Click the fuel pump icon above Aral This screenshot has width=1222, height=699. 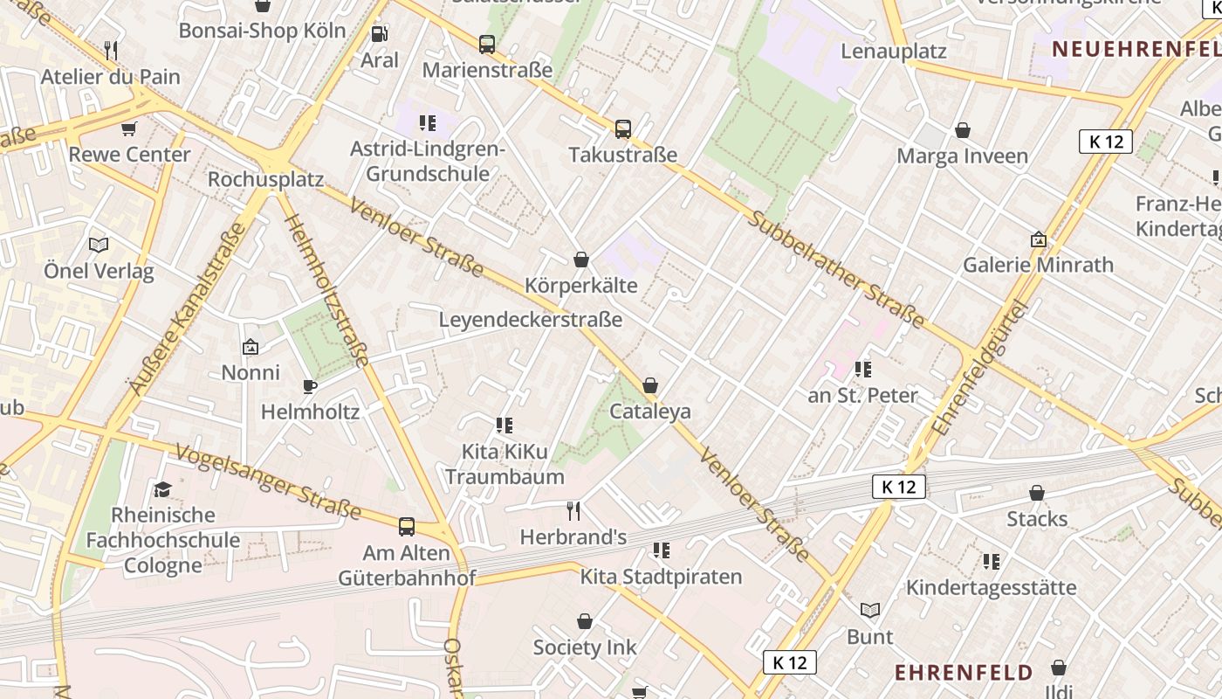[x=380, y=35]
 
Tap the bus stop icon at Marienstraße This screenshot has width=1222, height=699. [x=487, y=44]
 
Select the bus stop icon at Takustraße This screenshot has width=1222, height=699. [x=623, y=129]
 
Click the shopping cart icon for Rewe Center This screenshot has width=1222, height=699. [x=129, y=129]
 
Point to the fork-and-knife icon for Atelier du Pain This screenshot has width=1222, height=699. [x=111, y=51]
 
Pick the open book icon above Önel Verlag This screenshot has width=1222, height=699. [x=99, y=246]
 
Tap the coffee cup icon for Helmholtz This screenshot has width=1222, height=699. [x=309, y=386]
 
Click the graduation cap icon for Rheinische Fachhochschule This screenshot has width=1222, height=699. [x=162, y=489]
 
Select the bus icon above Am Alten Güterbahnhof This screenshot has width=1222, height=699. [x=407, y=527]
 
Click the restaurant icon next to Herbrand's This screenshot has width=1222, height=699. [x=573, y=511]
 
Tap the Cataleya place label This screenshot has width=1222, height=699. [x=650, y=411]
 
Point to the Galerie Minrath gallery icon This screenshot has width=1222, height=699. [x=1038, y=239]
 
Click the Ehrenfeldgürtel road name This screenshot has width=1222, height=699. [x=980, y=367]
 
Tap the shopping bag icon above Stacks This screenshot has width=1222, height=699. [x=1037, y=494]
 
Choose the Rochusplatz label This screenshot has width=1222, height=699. [x=265, y=179]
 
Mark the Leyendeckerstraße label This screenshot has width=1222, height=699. [x=530, y=320]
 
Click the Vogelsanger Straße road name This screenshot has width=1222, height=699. [x=268, y=481]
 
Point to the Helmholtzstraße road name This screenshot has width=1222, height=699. [x=327, y=290]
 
